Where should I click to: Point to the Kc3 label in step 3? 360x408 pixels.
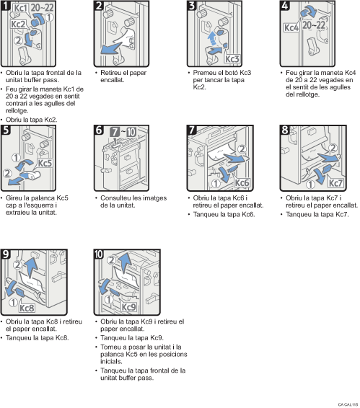click(x=232, y=57)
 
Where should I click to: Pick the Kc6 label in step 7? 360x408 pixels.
click(x=241, y=183)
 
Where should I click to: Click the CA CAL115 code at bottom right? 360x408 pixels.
click(x=347, y=405)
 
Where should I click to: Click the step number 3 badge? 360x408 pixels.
click(x=192, y=6)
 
